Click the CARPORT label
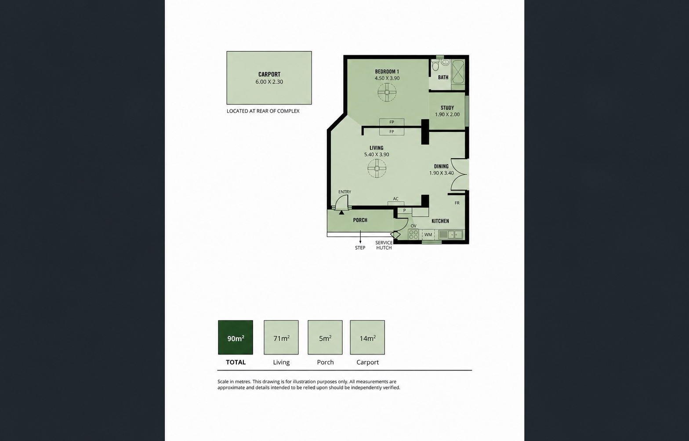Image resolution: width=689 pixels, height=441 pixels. point(269,74)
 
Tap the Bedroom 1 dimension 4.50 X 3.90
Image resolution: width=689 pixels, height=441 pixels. point(387,78)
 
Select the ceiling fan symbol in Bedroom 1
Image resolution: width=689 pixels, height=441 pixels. point(387,92)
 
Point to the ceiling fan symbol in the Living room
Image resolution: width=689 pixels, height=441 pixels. point(377,168)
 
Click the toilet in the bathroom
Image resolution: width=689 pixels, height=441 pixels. point(435,66)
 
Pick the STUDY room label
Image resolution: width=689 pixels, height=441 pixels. point(447,108)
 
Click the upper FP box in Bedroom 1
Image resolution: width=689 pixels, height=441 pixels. point(392,122)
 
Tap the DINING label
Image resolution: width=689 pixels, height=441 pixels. point(441,166)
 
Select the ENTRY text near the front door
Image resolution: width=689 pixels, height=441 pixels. point(344,192)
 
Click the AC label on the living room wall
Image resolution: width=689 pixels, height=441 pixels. point(395,199)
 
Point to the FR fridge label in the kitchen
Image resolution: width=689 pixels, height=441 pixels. point(457,203)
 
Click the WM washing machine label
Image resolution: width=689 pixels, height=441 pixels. point(428,234)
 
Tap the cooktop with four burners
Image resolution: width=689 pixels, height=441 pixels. point(413,234)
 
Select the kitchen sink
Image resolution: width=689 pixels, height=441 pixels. point(451,234)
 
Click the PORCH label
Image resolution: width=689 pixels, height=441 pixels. point(360,220)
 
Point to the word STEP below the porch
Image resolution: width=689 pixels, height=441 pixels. point(360,248)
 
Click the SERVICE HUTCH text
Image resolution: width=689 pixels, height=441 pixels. point(384,245)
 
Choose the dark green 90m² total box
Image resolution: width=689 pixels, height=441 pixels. point(236,337)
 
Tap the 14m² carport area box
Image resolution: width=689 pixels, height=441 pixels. point(367,337)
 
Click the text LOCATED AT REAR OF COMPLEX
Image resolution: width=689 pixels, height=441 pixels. point(263,111)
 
